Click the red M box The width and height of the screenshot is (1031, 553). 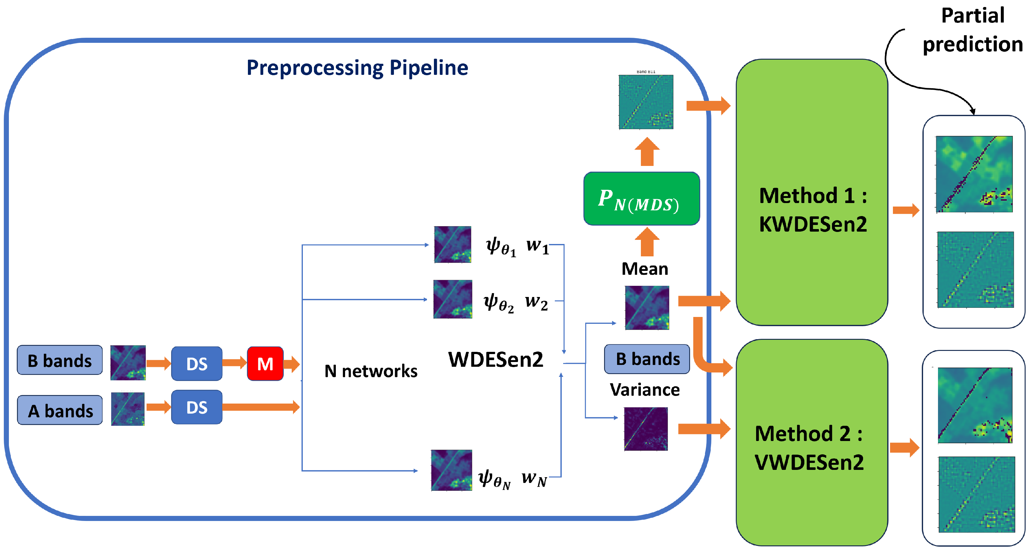tap(265, 363)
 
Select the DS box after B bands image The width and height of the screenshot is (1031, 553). tap(196, 363)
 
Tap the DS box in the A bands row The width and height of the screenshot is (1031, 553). tap(196, 407)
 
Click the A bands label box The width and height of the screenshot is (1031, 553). tap(60, 410)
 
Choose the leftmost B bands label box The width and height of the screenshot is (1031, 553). tap(60, 360)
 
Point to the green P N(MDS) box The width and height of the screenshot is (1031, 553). tap(641, 199)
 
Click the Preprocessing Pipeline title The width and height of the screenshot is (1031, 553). tap(357, 68)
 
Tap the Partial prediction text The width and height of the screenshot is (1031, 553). tap(973, 30)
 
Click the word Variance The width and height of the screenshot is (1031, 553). tap(644, 390)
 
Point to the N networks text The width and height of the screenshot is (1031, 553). tap(371, 371)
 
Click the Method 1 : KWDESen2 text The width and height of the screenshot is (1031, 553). tap(813, 209)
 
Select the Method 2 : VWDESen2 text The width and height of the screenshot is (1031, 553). tap(809, 447)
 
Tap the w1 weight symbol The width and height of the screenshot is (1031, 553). tap(537, 245)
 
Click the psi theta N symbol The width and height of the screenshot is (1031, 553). tap(494, 478)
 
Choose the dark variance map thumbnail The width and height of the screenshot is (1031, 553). tap(646, 429)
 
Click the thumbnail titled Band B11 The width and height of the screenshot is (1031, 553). tap(646, 102)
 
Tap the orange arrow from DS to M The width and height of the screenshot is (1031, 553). tap(235, 363)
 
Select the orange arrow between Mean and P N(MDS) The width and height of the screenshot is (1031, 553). tap(647, 242)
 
